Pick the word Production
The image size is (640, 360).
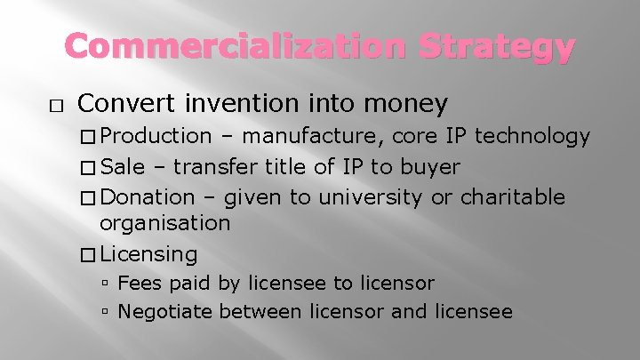pyautogui.click(x=156, y=136)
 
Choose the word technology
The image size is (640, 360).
pyautogui.click(x=533, y=136)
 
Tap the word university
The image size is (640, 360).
pyautogui.click(x=372, y=197)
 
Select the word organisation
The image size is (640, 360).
pyautogui.click(x=165, y=223)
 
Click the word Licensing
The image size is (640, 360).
pyautogui.click(x=149, y=254)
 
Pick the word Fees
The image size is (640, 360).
pyautogui.click(x=139, y=284)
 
